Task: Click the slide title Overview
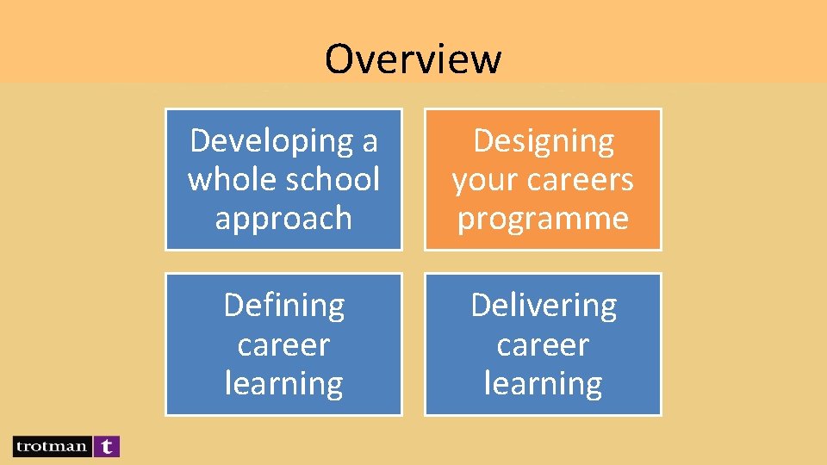[x=413, y=59]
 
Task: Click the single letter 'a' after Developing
[x=370, y=140]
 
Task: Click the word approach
[x=283, y=219]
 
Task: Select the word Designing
[x=544, y=140]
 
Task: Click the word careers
[x=581, y=180]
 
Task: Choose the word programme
[x=543, y=219]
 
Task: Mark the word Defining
[x=283, y=305]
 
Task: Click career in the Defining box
[x=283, y=344]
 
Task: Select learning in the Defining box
[x=283, y=383]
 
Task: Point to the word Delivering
[x=544, y=305]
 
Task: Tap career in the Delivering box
[x=543, y=344]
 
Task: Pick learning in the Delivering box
[x=543, y=383]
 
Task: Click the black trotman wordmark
[x=51, y=446]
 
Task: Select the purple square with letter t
[x=106, y=446]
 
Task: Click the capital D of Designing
[x=483, y=140]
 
